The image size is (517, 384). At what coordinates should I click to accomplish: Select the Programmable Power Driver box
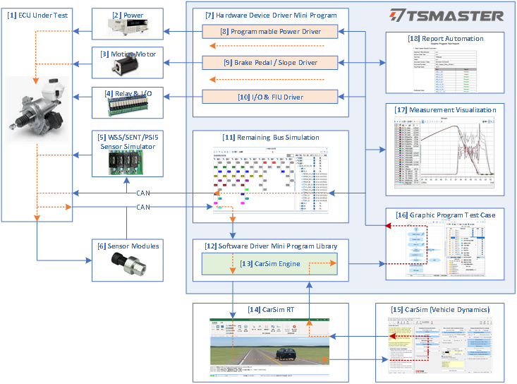pyautogui.click(x=271, y=32)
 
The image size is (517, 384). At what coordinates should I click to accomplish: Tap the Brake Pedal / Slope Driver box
pyautogui.click(x=271, y=63)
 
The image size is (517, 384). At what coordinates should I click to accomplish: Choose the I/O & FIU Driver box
pyautogui.click(x=271, y=96)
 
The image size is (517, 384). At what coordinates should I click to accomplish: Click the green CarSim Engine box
pyautogui.click(x=271, y=264)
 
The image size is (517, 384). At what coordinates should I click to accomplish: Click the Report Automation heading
pyautogui.click(x=446, y=39)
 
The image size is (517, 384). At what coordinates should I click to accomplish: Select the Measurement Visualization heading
pyautogui.click(x=446, y=109)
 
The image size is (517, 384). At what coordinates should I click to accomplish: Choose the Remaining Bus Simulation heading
pyautogui.click(x=271, y=136)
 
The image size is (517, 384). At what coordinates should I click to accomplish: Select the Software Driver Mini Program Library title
pyautogui.click(x=271, y=246)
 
